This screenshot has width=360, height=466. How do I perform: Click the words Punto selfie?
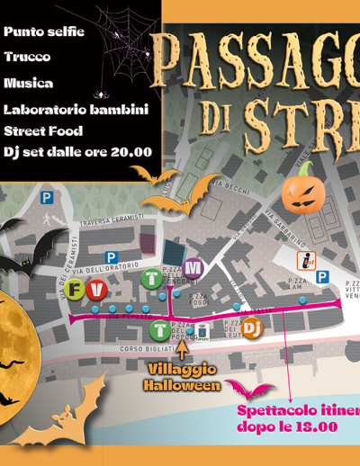point(44,31)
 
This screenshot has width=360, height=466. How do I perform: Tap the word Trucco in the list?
point(27,57)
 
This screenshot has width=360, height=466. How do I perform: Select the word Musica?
point(28,83)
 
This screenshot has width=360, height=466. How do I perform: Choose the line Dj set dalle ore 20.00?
point(77,152)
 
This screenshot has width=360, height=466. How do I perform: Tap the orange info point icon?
point(306,261)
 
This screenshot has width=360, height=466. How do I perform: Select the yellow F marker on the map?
point(75,290)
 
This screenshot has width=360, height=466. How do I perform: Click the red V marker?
point(95,288)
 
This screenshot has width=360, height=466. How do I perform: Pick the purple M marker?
point(193,267)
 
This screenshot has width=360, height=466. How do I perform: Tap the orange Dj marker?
point(253,330)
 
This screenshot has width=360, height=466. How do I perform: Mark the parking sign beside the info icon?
point(321,277)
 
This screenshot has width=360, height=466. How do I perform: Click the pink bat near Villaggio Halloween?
point(249,389)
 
